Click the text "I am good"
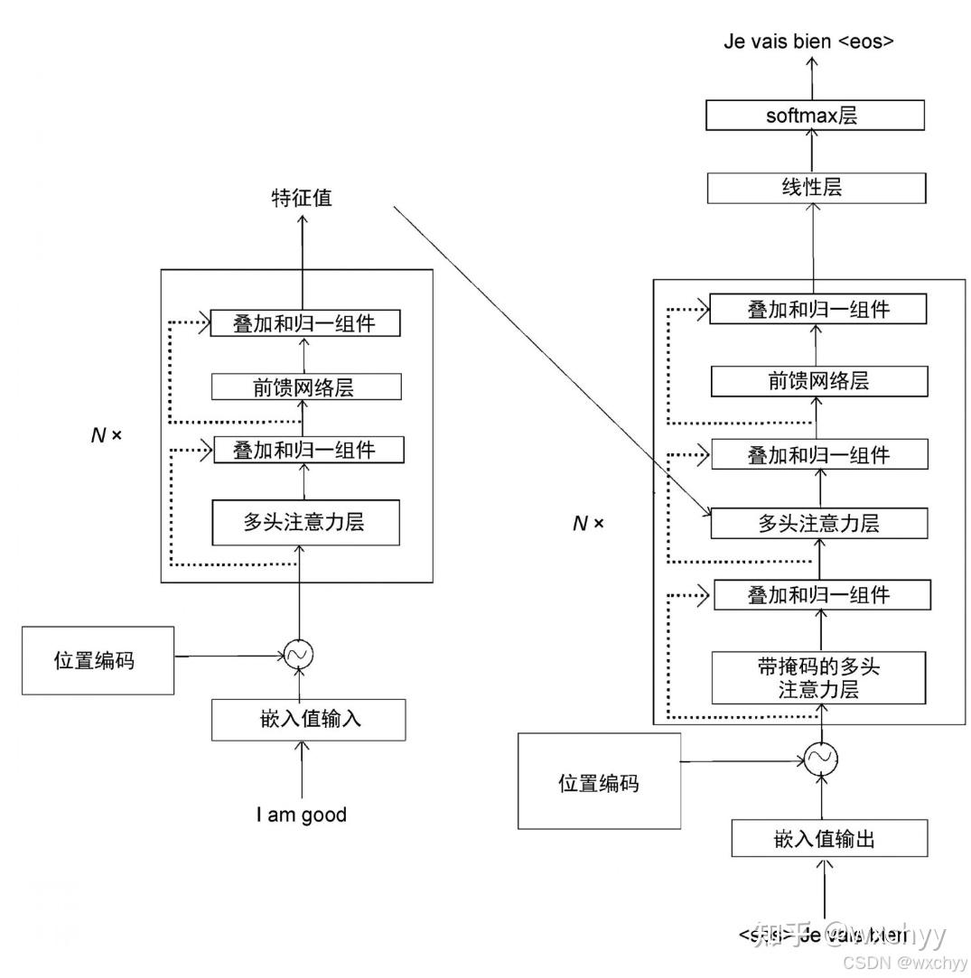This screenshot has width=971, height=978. [301, 815]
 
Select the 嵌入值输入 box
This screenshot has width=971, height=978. [308, 720]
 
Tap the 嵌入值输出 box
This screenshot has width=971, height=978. [829, 839]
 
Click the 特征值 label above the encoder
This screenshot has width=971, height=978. [302, 198]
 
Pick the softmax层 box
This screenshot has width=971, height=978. [815, 115]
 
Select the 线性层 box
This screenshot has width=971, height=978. [816, 188]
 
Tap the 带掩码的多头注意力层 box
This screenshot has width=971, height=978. [819, 678]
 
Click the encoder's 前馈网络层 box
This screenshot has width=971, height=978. [305, 387]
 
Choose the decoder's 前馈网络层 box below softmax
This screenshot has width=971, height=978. [819, 381]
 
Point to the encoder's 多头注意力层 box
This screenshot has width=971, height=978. [305, 522]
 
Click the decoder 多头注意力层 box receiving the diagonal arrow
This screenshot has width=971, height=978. [819, 523]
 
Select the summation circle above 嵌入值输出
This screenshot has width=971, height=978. [821, 759]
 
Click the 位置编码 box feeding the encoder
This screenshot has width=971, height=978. [98, 660]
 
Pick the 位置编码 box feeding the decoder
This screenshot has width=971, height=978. [599, 781]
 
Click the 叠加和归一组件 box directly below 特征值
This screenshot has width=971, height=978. [304, 323]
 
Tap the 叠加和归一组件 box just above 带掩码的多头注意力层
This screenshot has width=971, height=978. [822, 595]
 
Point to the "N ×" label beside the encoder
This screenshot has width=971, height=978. [107, 434]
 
